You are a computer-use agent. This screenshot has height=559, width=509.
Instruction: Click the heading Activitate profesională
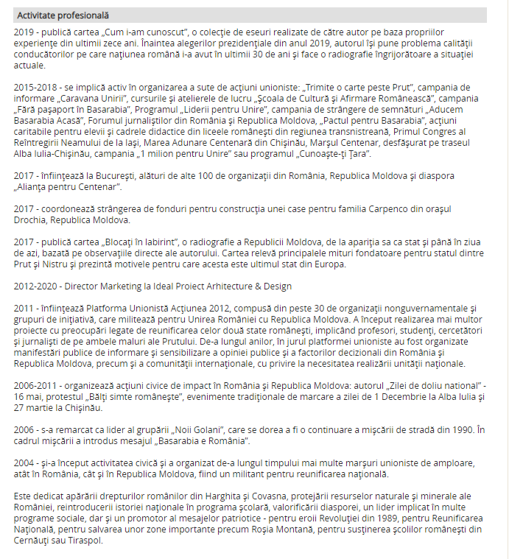pyautogui.click(x=63, y=15)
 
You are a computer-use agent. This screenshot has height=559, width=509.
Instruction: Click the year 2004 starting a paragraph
pyautogui.click(x=24, y=463)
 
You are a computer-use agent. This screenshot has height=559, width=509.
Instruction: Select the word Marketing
pyautogui.click(x=123, y=286)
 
